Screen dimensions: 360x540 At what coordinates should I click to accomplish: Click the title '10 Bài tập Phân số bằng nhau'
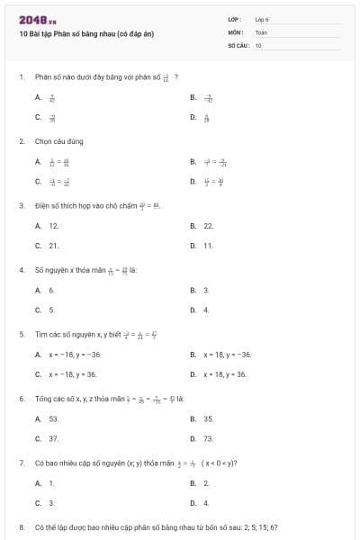[x=86, y=33]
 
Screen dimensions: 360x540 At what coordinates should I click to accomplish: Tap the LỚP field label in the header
[x=235, y=19]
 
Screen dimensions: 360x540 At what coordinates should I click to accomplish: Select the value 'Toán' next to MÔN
[x=261, y=31]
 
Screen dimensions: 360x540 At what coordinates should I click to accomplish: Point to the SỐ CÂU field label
[x=237, y=44]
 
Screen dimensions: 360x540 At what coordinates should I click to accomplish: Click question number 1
[x=21, y=77]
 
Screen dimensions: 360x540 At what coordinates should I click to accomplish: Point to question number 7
[x=21, y=463]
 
